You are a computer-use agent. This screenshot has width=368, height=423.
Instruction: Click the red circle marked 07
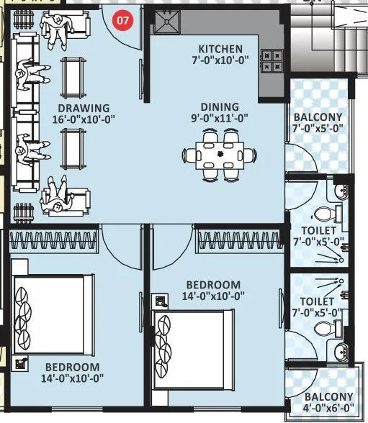click(123, 21)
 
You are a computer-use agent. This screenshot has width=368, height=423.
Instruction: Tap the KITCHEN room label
click(220, 49)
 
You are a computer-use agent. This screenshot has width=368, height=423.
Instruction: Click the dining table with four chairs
click(221, 154)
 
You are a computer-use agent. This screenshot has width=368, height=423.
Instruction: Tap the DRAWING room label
click(84, 108)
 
